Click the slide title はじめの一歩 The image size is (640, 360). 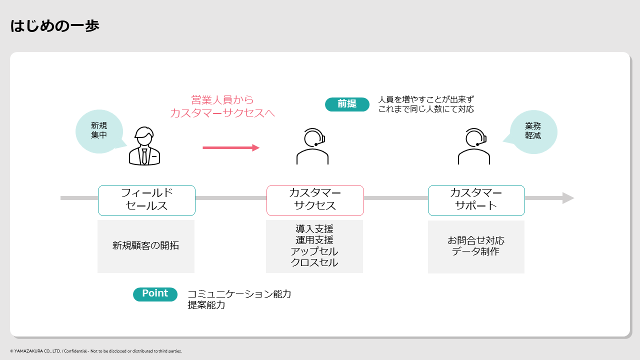coord(54,25)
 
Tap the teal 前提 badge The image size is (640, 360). coord(347,104)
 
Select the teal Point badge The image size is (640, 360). coord(155,294)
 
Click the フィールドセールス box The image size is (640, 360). coord(146,200)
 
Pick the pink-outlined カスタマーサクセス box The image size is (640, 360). coord(315,200)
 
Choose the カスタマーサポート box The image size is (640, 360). coord(476,200)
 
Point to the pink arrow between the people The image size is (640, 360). coord(231,147)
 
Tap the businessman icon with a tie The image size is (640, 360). coord(144,146)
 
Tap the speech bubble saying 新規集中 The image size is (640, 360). coord(99,131)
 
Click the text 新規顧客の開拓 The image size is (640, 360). coord(145,245)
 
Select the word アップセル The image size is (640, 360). coord(314,251)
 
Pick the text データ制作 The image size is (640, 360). coord(475,251)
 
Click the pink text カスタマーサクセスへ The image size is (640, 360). coord(222,113)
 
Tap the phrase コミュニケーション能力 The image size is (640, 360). coord(239,294)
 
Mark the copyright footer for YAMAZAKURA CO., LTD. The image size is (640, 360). coord(96,351)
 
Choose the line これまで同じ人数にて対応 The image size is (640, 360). coord(426,109)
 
